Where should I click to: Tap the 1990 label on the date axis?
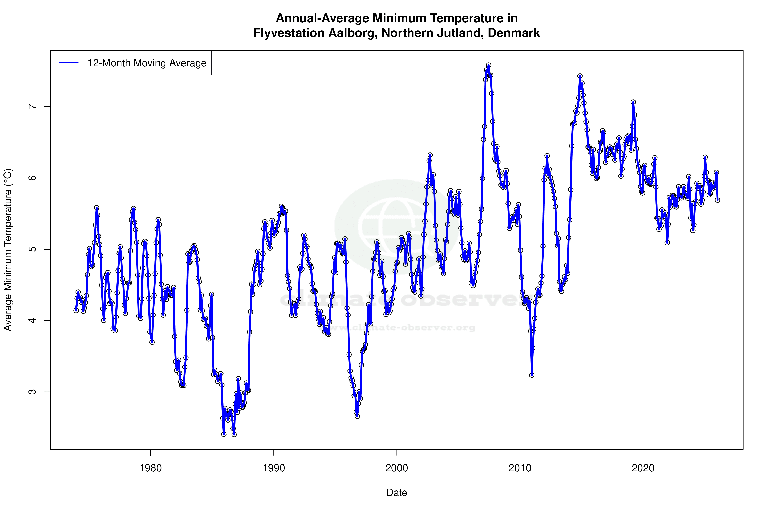[274, 468]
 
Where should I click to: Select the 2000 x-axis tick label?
[397, 468]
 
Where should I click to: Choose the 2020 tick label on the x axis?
[643, 468]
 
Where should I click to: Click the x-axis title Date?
[397, 493]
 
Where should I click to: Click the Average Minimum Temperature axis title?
[8, 250]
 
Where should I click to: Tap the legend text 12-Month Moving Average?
[147, 63]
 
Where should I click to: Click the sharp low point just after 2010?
[532, 375]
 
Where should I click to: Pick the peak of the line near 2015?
[580, 76]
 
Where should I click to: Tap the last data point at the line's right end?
[717, 200]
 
